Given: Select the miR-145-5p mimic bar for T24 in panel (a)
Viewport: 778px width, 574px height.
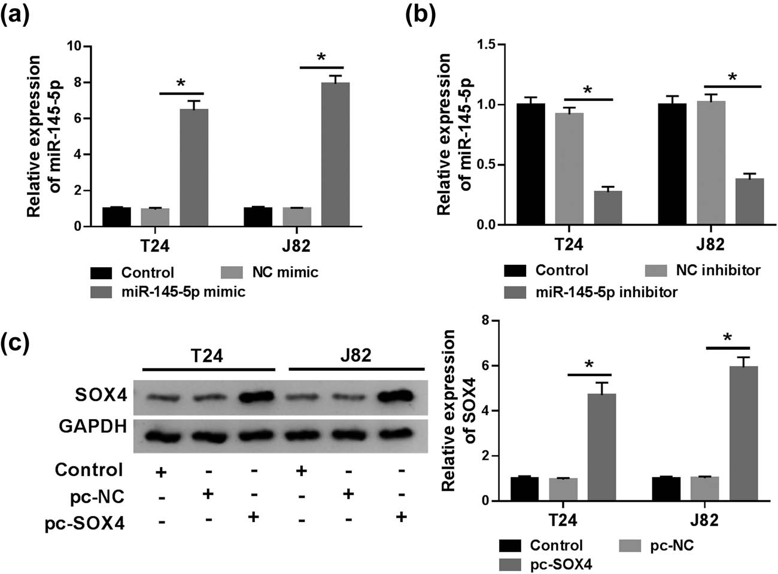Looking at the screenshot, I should [194, 167].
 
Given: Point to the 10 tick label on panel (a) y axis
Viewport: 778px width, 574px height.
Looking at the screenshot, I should [75, 46].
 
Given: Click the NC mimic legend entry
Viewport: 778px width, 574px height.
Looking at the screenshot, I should [269, 273].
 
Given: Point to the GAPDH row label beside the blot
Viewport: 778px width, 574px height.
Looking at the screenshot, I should [93, 426].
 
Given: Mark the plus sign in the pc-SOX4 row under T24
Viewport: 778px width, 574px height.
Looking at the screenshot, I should [254, 517].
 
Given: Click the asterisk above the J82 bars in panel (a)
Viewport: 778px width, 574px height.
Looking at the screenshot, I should [321, 58].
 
